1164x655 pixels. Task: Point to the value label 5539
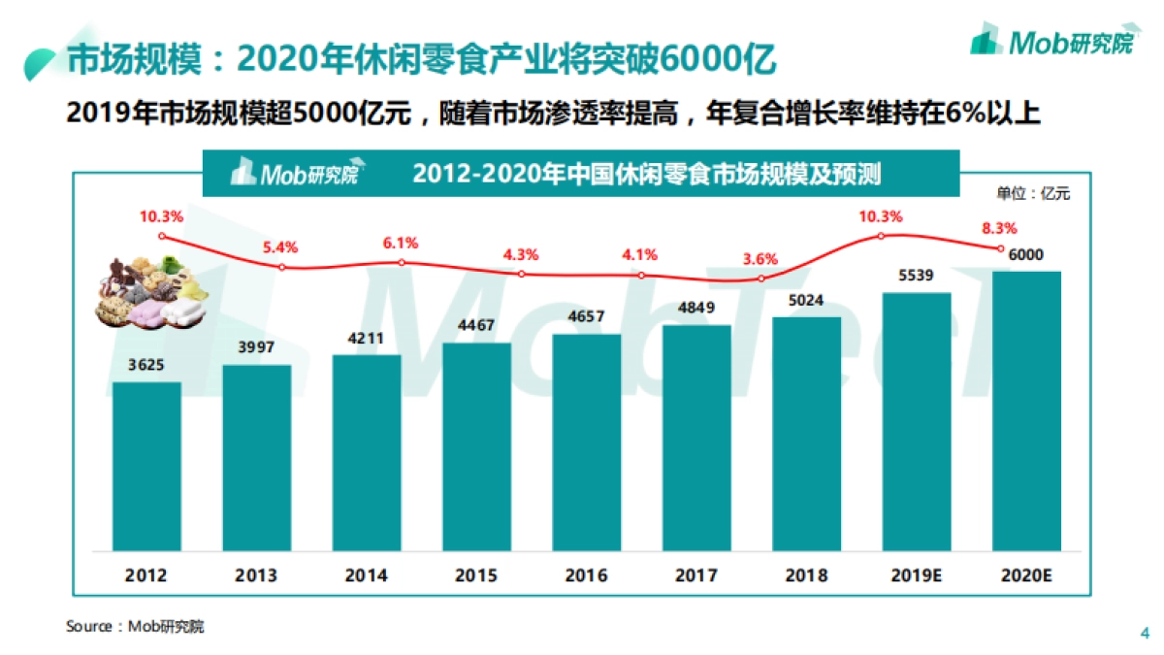click(x=916, y=277)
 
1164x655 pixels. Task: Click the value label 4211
click(x=367, y=339)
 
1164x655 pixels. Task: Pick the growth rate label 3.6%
click(x=760, y=259)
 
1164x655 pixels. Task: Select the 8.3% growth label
click(x=998, y=228)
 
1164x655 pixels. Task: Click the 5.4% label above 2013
click(x=280, y=247)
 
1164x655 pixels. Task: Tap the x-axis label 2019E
click(x=916, y=575)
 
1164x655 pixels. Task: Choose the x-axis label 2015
click(x=476, y=575)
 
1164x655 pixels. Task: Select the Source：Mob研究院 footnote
click(x=135, y=626)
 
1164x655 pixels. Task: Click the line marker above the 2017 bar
click(x=696, y=278)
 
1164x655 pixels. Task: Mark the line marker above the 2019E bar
click(x=881, y=236)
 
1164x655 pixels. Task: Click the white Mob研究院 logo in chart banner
click(x=294, y=173)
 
